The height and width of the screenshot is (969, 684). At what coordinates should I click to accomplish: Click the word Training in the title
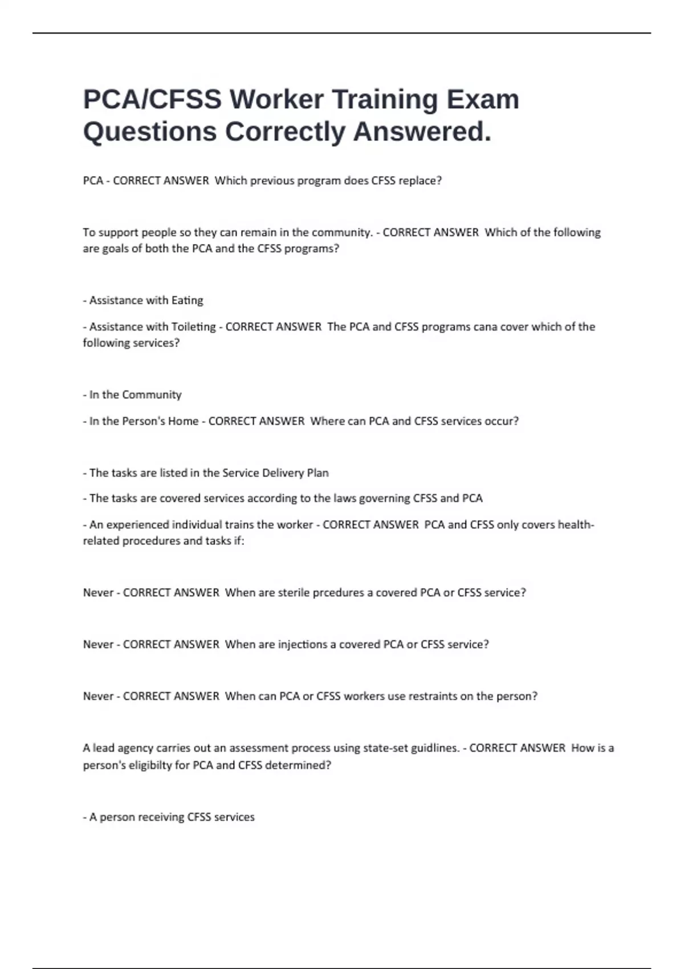[x=385, y=99]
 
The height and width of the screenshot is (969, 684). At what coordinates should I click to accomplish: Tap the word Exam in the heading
[x=483, y=99]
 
